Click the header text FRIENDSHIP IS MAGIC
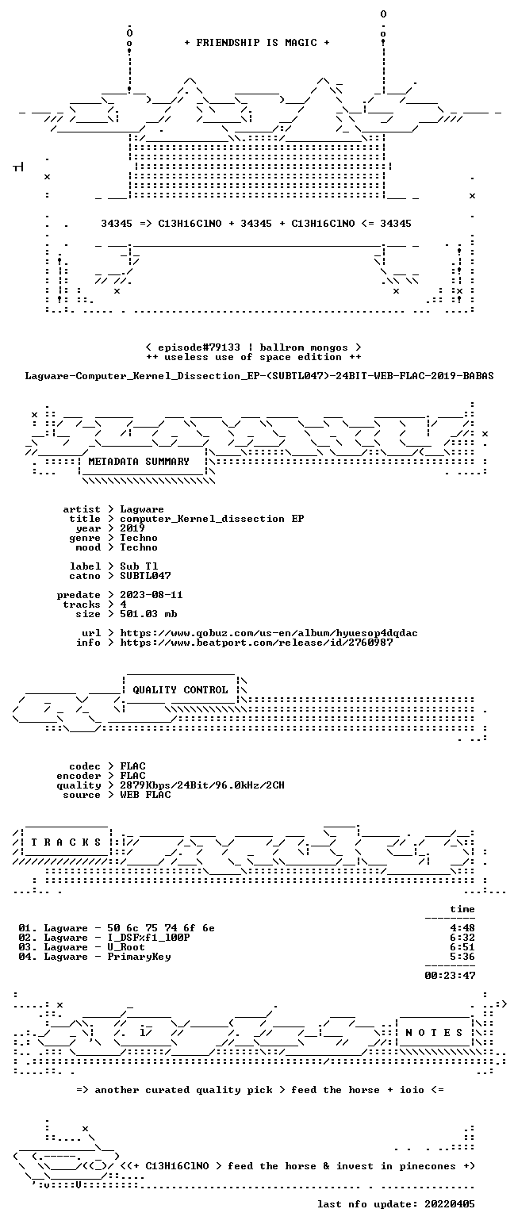point(257,43)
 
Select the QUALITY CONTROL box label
point(180,690)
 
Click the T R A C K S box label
point(67,842)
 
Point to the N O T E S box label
point(434,1033)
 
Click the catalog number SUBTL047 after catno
point(146,576)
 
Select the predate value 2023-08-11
point(152,595)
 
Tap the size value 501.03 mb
point(148,614)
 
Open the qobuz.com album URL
point(269,633)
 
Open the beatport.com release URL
point(256,643)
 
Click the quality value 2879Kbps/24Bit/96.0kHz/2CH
point(202,785)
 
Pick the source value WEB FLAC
point(146,795)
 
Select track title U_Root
point(126,947)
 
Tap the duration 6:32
point(462,938)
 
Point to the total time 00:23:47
point(450,976)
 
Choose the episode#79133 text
point(199,347)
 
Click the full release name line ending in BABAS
point(259,376)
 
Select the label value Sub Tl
point(139,566)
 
